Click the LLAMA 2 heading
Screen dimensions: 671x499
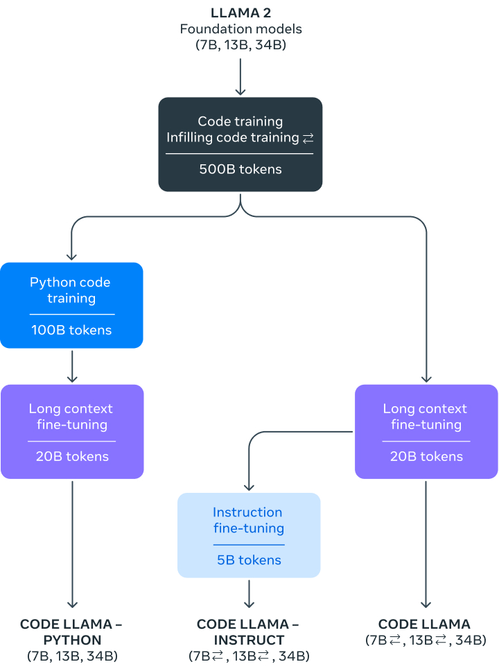pyautogui.click(x=240, y=13)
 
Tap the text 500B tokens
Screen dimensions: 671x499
pyautogui.click(x=240, y=168)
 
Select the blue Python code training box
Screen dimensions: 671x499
pyautogui.click(x=71, y=305)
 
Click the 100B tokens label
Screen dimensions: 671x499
pyautogui.click(x=71, y=330)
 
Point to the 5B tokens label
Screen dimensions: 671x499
pyautogui.click(x=249, y=559)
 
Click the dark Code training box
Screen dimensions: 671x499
pyautogui.click(x=240, y=144)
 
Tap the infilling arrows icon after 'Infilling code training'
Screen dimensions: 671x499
pyautogui.click(x=308, y=139)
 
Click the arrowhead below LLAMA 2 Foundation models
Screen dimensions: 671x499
pyautogui.click(x=240, y=90)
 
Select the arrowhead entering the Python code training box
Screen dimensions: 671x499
pyautogui.click(x=72, y=256)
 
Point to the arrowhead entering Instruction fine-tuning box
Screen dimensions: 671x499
pyautogui.click(x=249, y=486)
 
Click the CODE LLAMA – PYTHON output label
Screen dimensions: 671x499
pyautogui.click(x=71, y=631)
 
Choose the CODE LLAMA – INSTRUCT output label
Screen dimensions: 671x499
pyautogui.click(x=249, y=631)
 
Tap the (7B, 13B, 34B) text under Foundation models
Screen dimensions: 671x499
pyautogui.click(x=240, y=45)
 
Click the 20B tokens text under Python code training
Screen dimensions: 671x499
pyautogui.click(x=72, y=456)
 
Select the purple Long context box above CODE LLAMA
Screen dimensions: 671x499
pyautogui.click(x=426, y=431)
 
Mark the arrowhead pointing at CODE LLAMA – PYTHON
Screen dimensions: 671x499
pyautogui.click(x=72, y=603)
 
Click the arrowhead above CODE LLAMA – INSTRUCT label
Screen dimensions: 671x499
pyautogui.click(x=249, y=603)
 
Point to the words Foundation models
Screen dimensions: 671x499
pyautogui.click(x=240, y=29)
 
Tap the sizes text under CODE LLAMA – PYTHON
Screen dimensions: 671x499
pyautogui.click(x=71, y=656)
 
